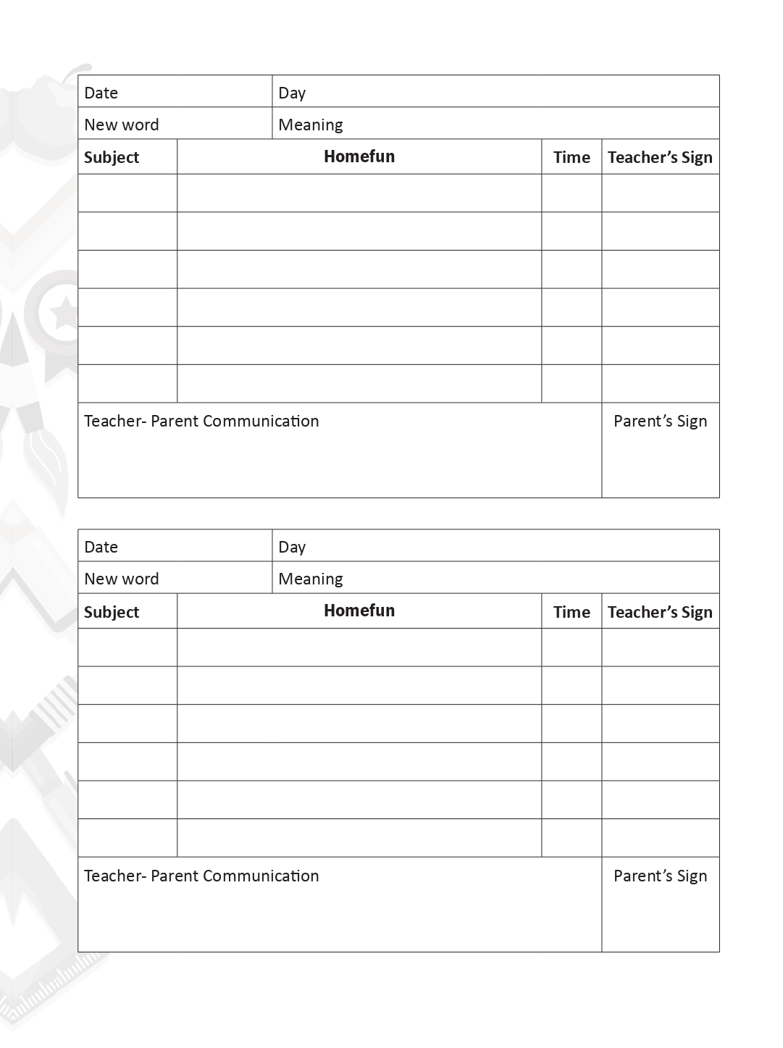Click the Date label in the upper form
(101, 93)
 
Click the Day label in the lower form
(292, 547)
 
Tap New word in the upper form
(121, 125)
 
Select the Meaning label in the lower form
(310, 579)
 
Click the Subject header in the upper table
(111, 157)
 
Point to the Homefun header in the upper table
(359, 156)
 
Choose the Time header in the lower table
(571, 612)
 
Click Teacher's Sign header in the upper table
(660, 157)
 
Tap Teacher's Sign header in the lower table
(660, 612)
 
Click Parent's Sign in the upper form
(660, 422)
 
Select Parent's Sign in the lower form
(660, 876)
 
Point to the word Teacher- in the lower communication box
(115, 876)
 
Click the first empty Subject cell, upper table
(127, 193)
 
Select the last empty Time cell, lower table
(571, 838)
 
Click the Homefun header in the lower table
(359, 611)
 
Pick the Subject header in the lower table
(111, 612)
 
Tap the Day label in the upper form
(292, 93)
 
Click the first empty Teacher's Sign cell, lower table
(660, 647)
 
